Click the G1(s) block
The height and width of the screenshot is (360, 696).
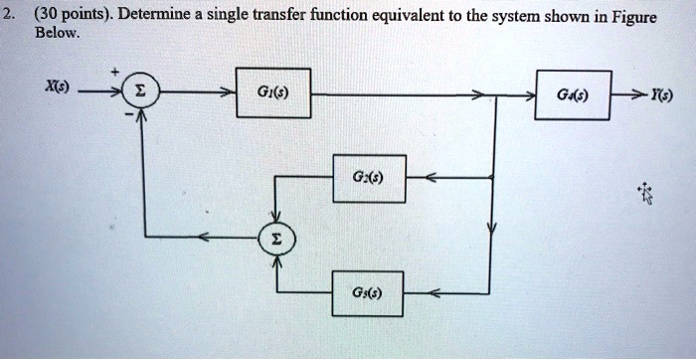(x=273, y=95)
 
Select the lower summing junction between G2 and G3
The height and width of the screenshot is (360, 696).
(x=277, y=238)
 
